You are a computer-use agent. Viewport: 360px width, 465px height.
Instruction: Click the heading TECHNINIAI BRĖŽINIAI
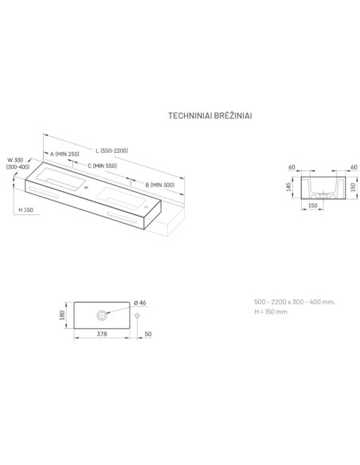click(210, 115)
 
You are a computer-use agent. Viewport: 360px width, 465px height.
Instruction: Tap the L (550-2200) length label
click(112, 150)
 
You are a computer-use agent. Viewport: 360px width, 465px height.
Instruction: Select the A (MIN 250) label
click(65, 154)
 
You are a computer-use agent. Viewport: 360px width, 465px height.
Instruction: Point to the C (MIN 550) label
click(102, 166)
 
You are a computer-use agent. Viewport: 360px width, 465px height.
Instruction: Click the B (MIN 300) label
click(160, 185)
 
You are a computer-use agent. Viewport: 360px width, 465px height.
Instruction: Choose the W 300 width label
click(15, 160)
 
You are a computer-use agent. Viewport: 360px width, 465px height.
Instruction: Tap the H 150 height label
click(25, 209)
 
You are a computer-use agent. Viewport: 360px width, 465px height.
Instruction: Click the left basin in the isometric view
click(61, 178)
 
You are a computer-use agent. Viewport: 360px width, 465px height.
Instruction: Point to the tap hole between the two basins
click(86, 187)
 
